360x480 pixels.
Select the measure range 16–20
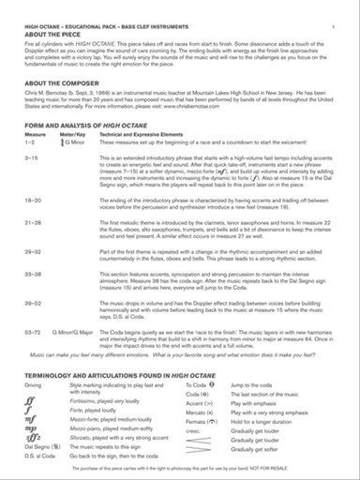32,201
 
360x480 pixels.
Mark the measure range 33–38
32,274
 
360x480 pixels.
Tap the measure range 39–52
32,304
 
